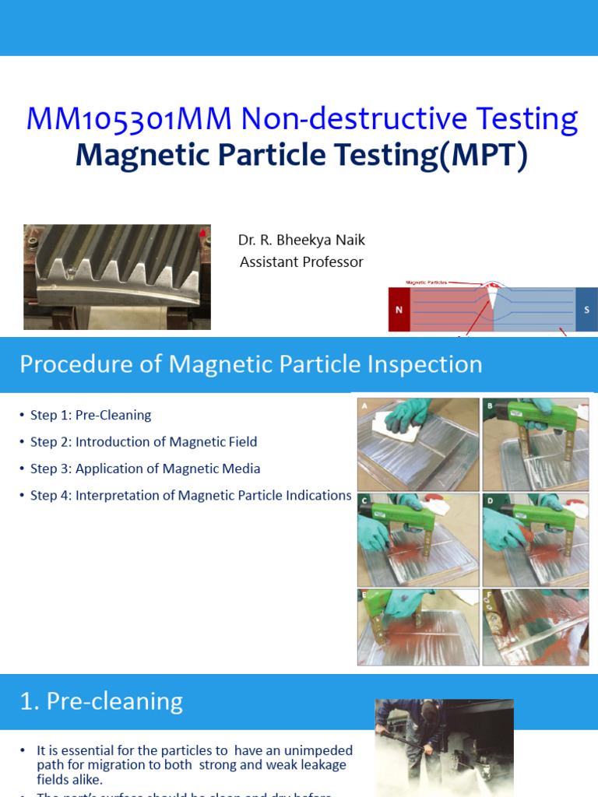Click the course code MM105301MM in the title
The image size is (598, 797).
coord(129,119)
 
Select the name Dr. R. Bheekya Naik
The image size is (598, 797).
coord(301,240)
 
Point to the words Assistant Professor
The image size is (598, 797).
coord(301,262)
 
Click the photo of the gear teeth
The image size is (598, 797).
coord(117,276)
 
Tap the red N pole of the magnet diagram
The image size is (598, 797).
coord(399,310)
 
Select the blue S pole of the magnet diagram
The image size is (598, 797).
coord(586,310)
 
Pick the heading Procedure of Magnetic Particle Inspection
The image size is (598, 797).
coord(251,364)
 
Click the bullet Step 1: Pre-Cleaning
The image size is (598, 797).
coord(90,416)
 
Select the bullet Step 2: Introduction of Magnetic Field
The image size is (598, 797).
coord(143,442)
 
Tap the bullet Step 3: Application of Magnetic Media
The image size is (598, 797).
coord(145,469)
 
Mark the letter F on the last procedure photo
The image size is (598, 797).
coord(488,595)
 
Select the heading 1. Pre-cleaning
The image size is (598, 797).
coord(101,701)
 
